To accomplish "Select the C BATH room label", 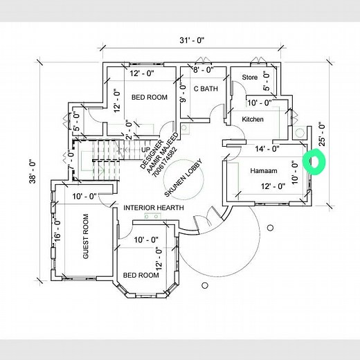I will (206, 89).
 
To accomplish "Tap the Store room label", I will (250, 78).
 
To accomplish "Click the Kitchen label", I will (253, 120).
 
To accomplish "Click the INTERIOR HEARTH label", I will (155, 208).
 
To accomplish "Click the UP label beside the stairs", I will (146, 149).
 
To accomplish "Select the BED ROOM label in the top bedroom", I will (150, 98).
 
